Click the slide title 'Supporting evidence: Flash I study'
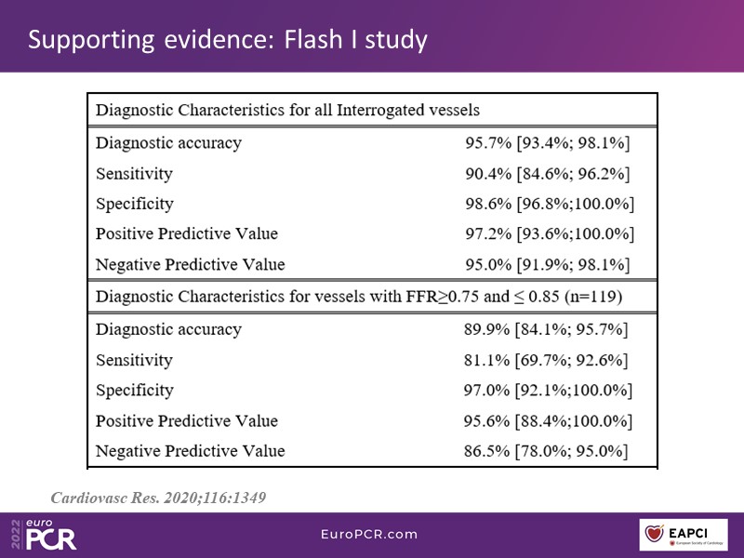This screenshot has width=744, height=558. click(227, 40)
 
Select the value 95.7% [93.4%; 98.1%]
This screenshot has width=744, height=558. click(548, 143)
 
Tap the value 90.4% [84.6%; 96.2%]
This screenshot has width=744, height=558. click(548, 174)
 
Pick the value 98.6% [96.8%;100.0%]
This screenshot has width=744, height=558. click(550, 204)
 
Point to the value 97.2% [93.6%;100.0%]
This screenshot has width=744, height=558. click(550, 234)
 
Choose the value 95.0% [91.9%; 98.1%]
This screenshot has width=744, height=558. click(548, 265)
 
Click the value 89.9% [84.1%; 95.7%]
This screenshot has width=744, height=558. click(546, 329)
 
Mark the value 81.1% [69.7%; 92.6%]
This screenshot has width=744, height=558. click(546, 360)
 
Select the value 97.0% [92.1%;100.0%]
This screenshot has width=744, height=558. click(548, 391)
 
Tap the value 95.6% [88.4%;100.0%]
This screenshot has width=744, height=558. click(548, 421)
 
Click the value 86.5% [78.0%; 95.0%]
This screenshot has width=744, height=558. click(546, 452)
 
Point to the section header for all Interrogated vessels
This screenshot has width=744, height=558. click(287, 110)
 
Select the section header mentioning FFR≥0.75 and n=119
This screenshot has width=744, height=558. click(358, 298)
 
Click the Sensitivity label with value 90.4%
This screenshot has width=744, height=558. click(134, 174)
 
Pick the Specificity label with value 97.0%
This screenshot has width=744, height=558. click(134, 391)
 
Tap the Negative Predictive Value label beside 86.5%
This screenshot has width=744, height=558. click(190, 452)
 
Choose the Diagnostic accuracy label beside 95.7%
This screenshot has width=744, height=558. click(168, 143)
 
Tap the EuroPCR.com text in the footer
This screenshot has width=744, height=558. click(369, 535)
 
